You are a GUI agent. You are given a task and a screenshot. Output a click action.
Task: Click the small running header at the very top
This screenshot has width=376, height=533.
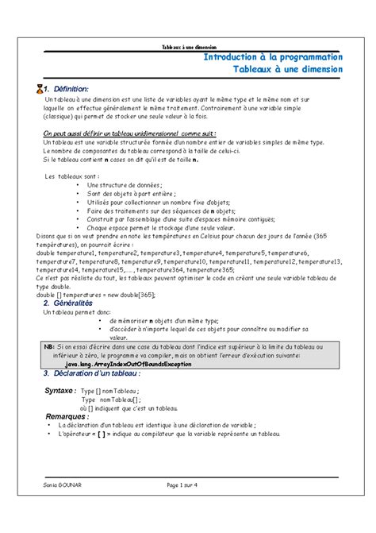188,47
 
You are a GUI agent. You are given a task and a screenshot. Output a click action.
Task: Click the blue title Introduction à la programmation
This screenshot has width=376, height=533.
273,58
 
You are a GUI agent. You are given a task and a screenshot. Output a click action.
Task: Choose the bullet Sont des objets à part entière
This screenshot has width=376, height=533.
131,194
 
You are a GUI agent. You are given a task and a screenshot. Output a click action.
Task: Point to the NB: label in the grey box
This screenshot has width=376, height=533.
49,346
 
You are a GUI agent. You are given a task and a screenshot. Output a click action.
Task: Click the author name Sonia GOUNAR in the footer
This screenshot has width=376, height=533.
64,485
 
